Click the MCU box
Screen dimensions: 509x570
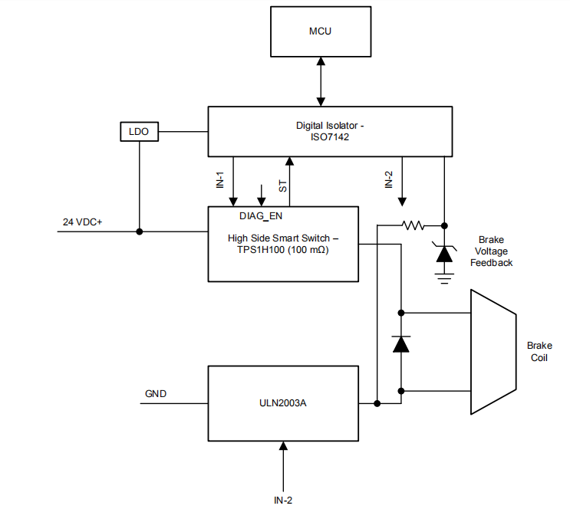pos(321,32)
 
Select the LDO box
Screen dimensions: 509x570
pos(139,132)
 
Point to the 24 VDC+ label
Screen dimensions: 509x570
pos(83,222)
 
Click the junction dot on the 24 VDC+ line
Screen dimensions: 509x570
pos(139,231)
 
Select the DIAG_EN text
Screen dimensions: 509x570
pos(261,215)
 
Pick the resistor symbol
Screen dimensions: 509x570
pos(414,225)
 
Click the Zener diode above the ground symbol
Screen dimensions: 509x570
pos(444,254)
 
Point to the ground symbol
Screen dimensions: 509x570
pos(444,277)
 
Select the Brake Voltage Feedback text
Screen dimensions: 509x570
pos(490,251)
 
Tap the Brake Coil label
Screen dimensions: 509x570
pos(539,352)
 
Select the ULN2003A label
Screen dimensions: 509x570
pos(283,403)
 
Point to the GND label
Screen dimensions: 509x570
pos(156,394)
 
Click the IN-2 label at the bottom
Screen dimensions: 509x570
pos(284,500)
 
